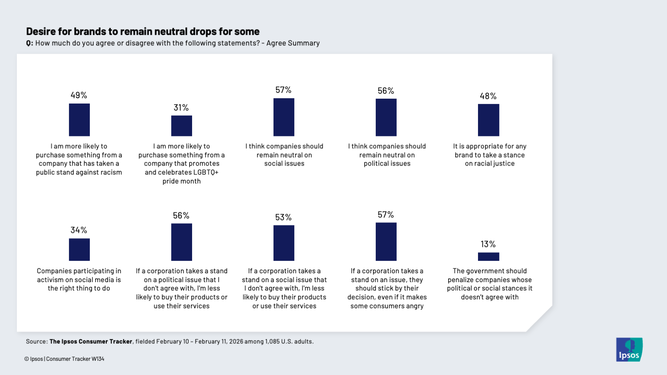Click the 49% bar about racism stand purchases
(x=79, y=120)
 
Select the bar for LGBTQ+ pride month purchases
(x=181, y=126)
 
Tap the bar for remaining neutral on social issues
(x=284, y=117)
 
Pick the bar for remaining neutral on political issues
(x=386, y=117)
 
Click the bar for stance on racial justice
(x=488, y=120)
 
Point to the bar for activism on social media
(x=79, y=250)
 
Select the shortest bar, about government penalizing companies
(x=488, y=256)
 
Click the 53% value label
(x=283, y=217)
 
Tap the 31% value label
(x=181, y=108)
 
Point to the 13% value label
(x=488, y=244)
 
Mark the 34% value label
(x=79, y=230)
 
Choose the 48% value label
(x=488, y=96)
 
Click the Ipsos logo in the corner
(x=629, y=350)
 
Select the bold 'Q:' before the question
(x=29, y=43)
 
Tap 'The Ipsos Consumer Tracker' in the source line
(x=91, y=342)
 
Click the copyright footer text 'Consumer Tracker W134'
(x=75, y=359)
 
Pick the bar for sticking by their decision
(x=386, y=242)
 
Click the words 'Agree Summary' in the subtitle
(x=293, y=43)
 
